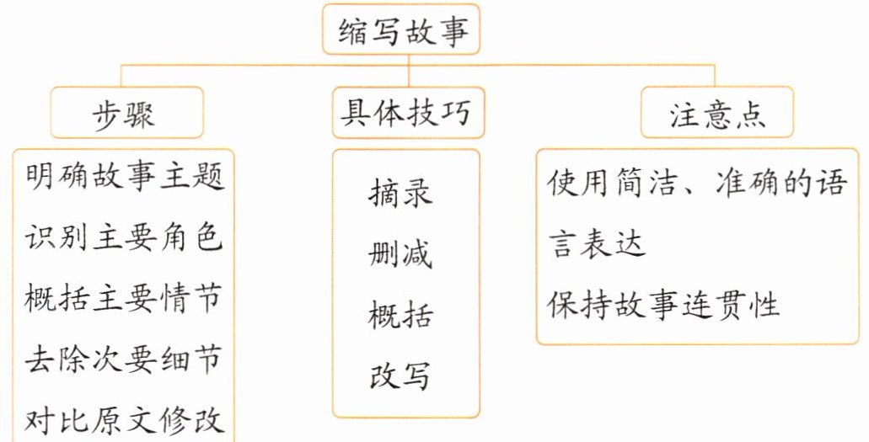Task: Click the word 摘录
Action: (400, 193)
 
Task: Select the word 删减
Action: (400, 254)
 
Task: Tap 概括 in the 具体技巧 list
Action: (400, 316)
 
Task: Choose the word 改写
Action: (400, 376)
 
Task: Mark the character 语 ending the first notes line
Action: (831, 183)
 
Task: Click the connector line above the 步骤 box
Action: (122, 76)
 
